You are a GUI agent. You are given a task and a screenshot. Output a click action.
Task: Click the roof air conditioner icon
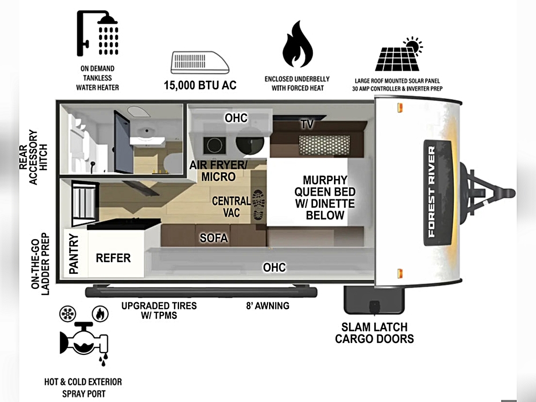tap(199, 63)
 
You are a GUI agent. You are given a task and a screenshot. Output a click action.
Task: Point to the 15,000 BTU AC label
tap(200, 85)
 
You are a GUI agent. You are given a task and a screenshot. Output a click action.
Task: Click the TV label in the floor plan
tap(307, 124)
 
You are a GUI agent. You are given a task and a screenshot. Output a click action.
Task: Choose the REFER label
tap(113, 258)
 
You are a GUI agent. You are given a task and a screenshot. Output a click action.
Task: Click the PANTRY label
tap(73, 254)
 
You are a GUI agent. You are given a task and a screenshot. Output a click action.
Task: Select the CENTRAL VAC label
tap(231, 207)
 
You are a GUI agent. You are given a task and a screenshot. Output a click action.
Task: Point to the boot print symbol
tap(258, 206)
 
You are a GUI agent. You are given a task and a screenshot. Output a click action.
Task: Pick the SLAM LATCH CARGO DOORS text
tap(375, 332)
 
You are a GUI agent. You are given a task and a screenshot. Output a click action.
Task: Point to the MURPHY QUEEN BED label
tap(325, 197)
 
